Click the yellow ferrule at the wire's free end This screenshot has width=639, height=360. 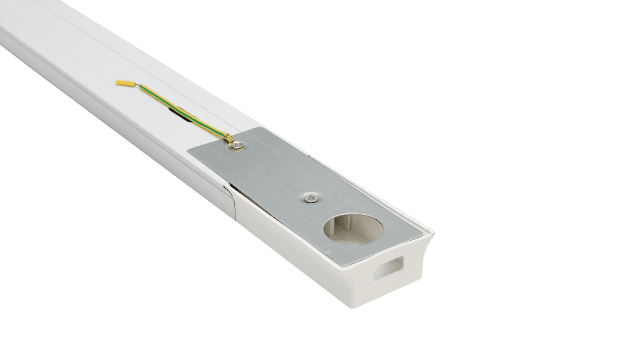coord(124,83)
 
